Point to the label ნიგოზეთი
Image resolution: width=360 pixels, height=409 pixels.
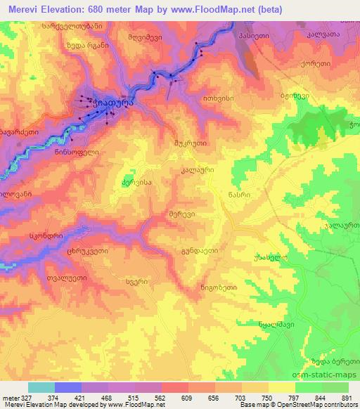217,287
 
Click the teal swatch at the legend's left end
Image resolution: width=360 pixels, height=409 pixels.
41,387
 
